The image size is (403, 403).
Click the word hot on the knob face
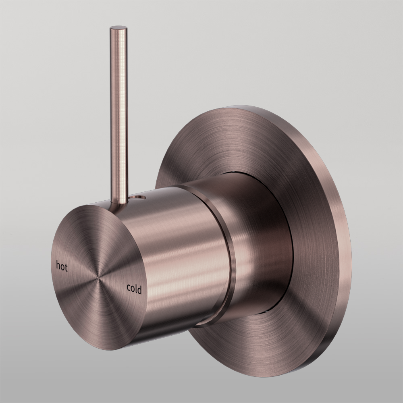[62, 266]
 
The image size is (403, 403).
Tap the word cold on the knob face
[134, 289]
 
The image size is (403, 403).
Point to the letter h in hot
[58, 266]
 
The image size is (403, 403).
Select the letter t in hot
[66, 268]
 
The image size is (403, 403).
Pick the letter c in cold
[129, 288]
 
